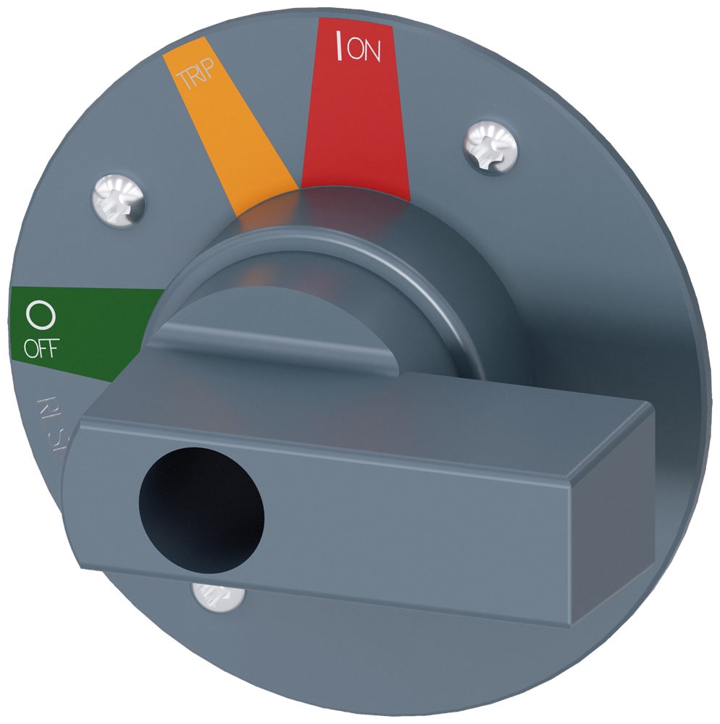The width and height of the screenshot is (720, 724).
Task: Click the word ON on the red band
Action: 366,53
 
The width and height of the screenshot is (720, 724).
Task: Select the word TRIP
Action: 185,75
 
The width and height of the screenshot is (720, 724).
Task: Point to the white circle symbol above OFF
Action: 40,316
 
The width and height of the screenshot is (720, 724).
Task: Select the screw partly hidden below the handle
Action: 217,597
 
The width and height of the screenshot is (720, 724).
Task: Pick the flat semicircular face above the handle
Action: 304,319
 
